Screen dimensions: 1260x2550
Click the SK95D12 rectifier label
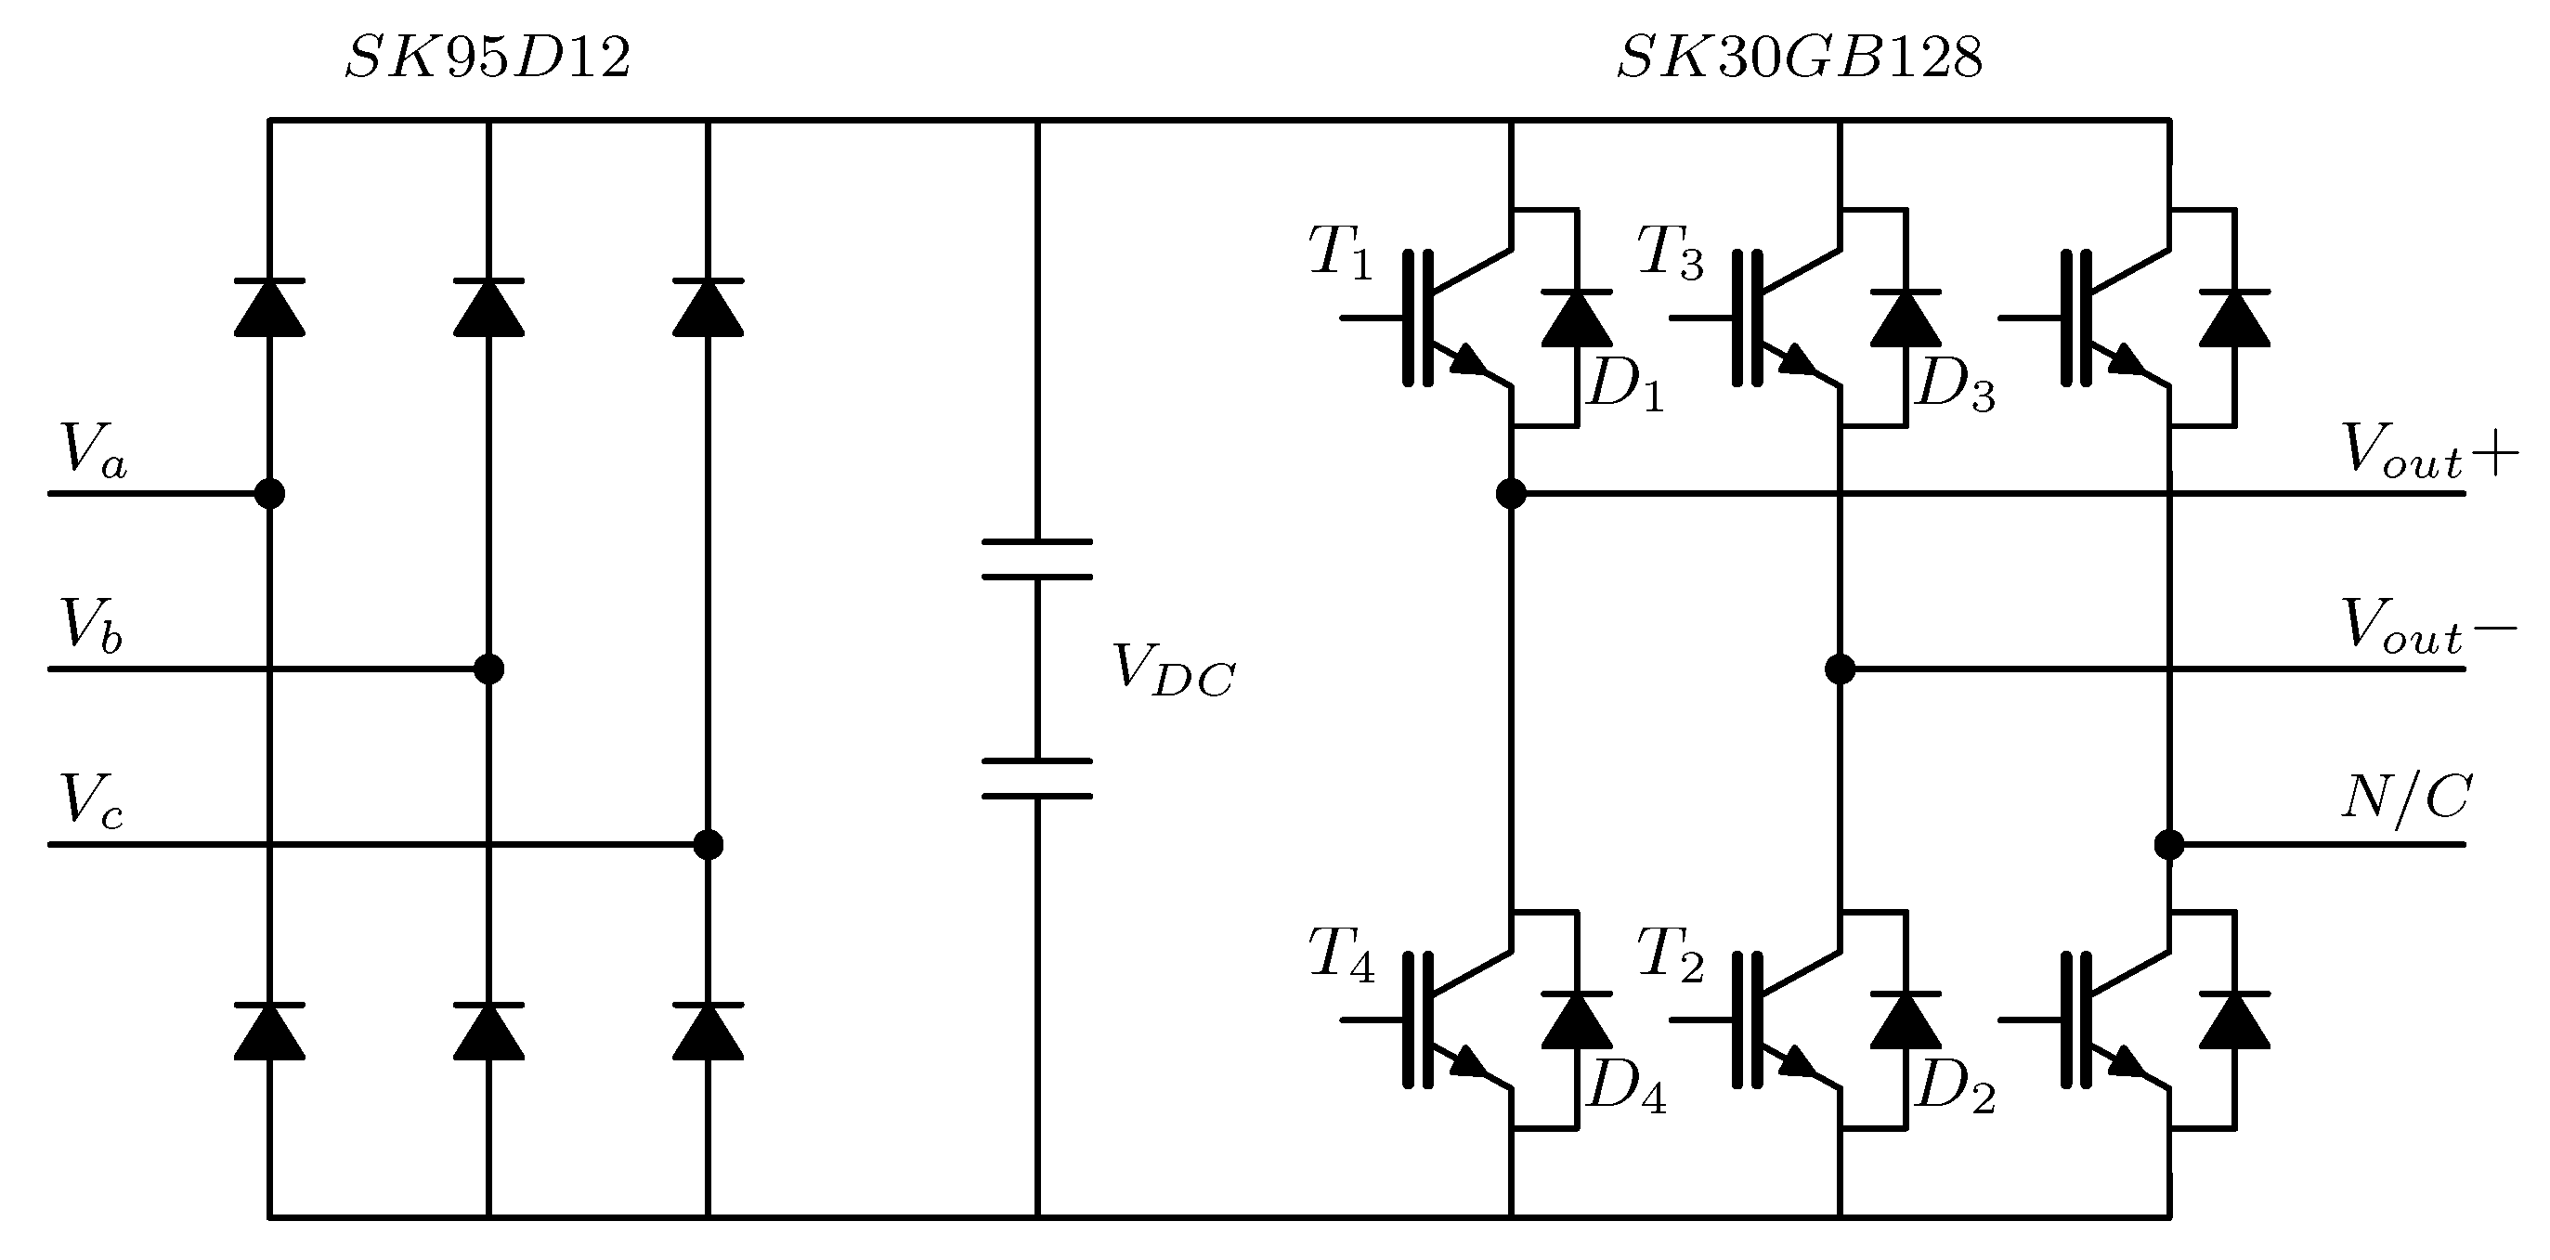[x=486, y=58]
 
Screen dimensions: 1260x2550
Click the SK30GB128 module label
[x=1799, y=58]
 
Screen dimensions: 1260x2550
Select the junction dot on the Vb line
[x=489, y=669]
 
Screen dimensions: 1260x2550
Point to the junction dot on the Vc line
[x=708, y=844]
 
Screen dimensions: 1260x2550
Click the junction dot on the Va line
[x=269, y=493]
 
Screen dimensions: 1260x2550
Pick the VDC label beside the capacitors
[x=1173, y=671]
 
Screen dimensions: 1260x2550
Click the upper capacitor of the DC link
[x=1036, y=559]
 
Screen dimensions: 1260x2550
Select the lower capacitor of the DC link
[x=1036, y=778]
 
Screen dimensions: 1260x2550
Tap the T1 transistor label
[x=1340, y=253]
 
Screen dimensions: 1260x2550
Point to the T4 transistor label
[x=1340, y=955]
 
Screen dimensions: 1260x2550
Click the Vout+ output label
[x=2428, y=451]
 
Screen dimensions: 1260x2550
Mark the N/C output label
[x=2405, y=798]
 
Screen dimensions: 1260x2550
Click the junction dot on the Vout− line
[x=1840, y=669]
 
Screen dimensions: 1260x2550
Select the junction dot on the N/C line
[x=2169, y=844]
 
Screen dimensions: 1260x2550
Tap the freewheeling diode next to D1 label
[x=1576, y=318]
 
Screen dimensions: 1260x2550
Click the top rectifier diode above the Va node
[x=269, y=309]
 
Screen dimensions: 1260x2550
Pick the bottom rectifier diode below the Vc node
[x=708, y=1032]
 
